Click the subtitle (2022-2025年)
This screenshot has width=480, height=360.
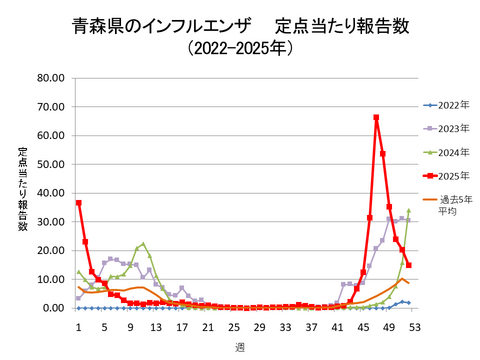(x=240, y=47)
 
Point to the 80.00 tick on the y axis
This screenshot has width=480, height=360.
(x=50, y=78)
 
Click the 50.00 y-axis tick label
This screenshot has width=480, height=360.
(x=50, y=164)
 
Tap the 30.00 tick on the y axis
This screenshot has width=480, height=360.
(x=50, y=222)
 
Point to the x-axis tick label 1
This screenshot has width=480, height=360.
(x=78, y=326)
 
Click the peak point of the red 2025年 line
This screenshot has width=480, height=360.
(x=376, y=118)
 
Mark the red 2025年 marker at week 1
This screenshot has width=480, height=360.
(x=79, y=203)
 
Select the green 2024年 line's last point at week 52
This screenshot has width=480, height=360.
(x=408, y=210)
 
